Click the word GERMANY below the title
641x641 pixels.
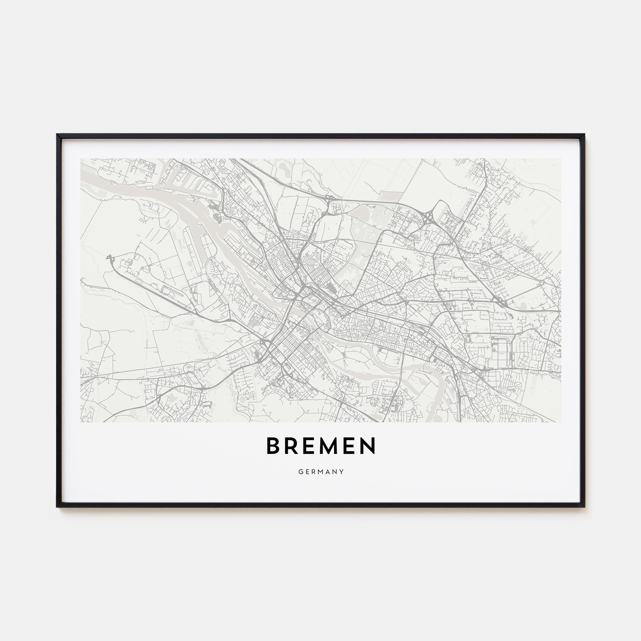pos(321,472)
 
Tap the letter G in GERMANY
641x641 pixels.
pos(300,472)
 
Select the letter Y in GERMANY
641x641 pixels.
pos(342,472)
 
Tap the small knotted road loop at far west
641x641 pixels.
pos(109,257)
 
